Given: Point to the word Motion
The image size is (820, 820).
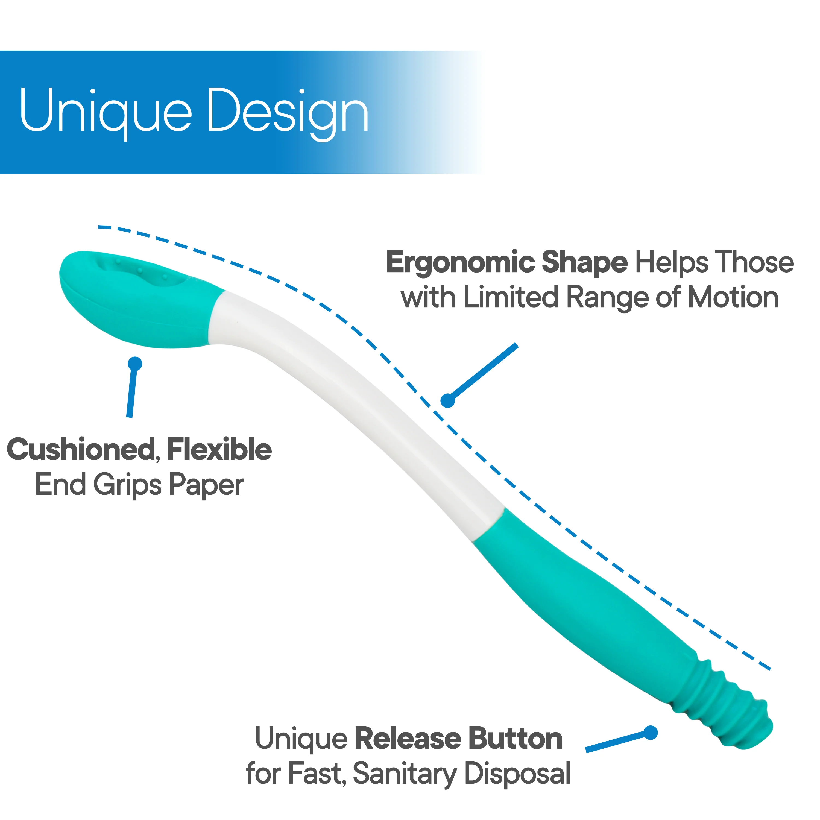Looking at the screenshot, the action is (x=733, y=297).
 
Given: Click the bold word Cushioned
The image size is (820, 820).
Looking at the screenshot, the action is (x=80, y=450).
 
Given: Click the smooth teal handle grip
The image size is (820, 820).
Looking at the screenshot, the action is (x=586, y=594).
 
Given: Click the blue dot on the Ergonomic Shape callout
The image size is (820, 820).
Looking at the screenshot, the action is (x=448, y=400).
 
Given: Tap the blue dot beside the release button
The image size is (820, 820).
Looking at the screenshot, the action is (x=651, y=733).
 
